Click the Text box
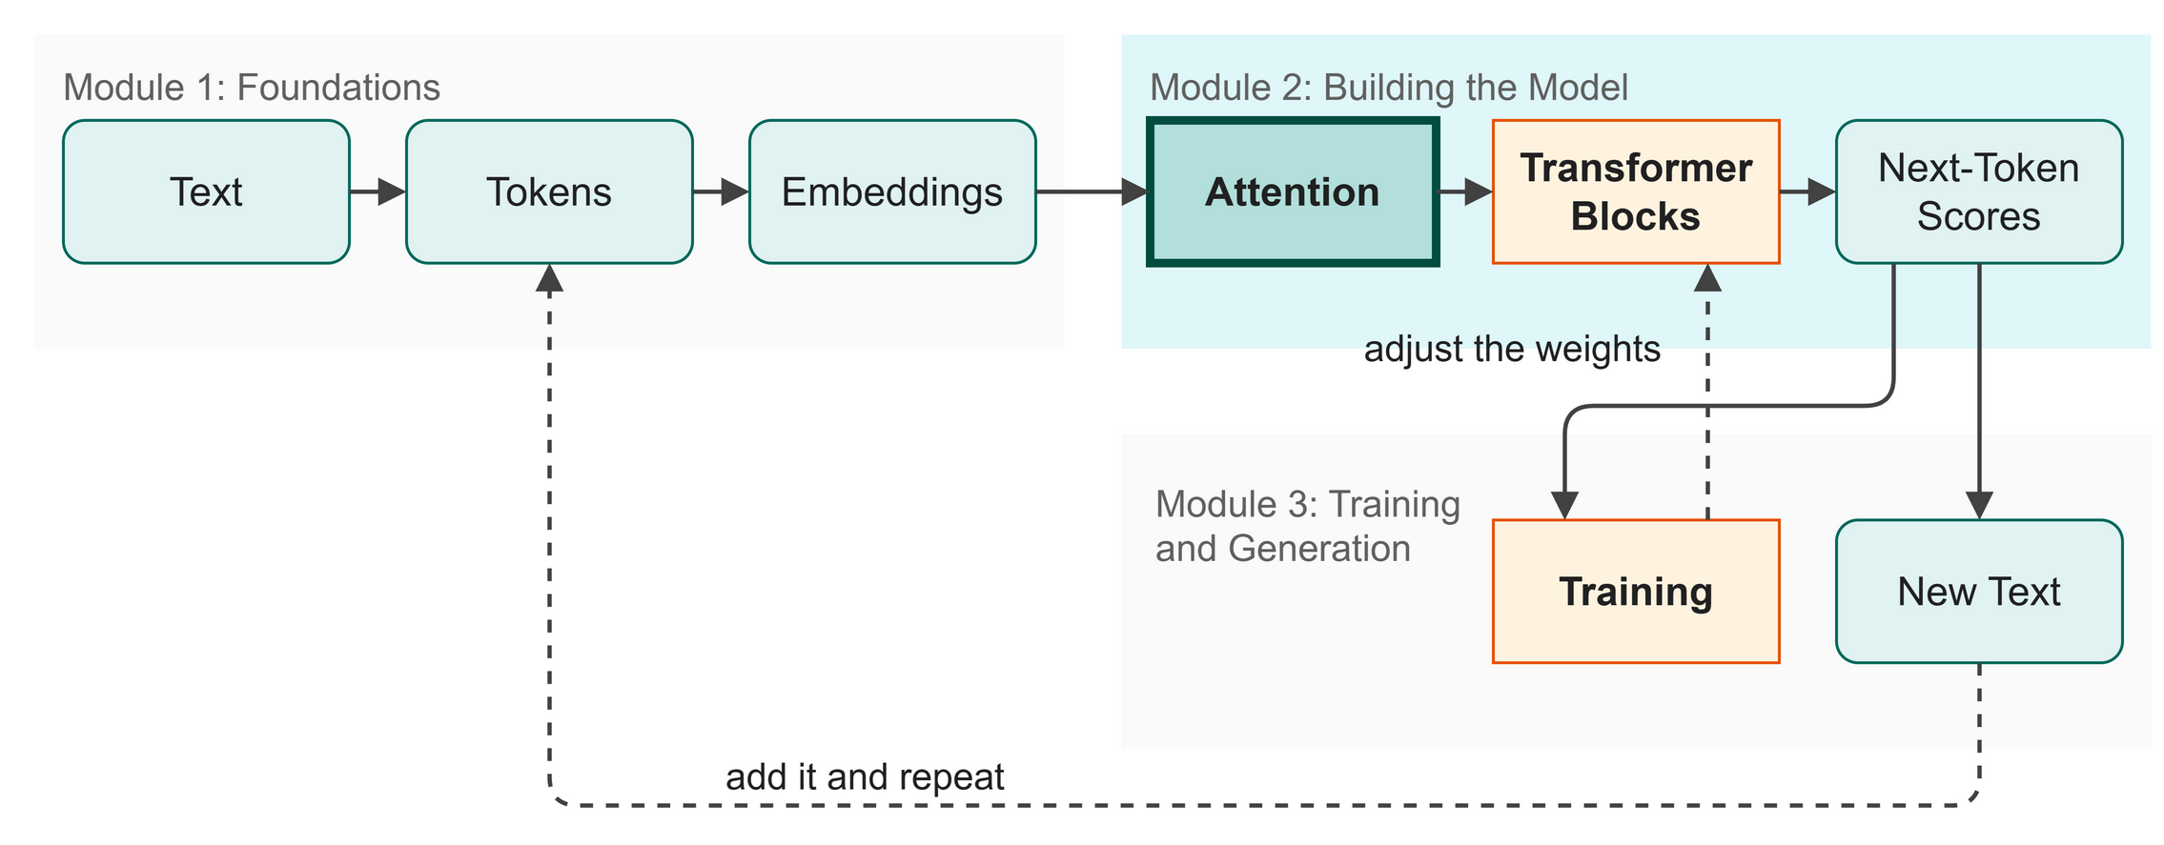pyautogui.click(x=206, y=191)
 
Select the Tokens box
pyautogui.click(x=549, y=191)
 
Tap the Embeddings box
pyautogui.click(x=892, y=191)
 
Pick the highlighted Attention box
pyautogui.click(x=1293, y=191)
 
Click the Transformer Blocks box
pyautogui.click(x=1636, y=191)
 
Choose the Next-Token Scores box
pyautogui.click(x=1979, y=191)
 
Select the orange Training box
pyautogui.click(x=1636, y=591)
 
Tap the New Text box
pyautogui.click(x=1979, y=591)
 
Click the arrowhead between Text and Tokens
pyautogui.click(x=392, y=191)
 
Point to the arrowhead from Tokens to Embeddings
pyautogui.click(x=735, y=191)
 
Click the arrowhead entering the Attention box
pyautogui.click(x=1134, y=191)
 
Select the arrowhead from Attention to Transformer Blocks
pyautogui.click(x=1479, y=191)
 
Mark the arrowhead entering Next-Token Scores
pyautogui.click(x=1822, y=191)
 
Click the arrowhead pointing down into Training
pyautogui.click(x=1564, y=506)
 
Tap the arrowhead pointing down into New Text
pyautogui.click(x=1980, y=506)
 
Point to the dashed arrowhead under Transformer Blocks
pyautogui.click(x=1707, y=278)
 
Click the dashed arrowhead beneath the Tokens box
pyautogui.click(x=549, y=278)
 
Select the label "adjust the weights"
pyautogui.click(x=1512, y=349)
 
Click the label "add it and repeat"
pyautogui.click(x=865, y=777)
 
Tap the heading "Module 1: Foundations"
pyautogui.click(x=252, y=88)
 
